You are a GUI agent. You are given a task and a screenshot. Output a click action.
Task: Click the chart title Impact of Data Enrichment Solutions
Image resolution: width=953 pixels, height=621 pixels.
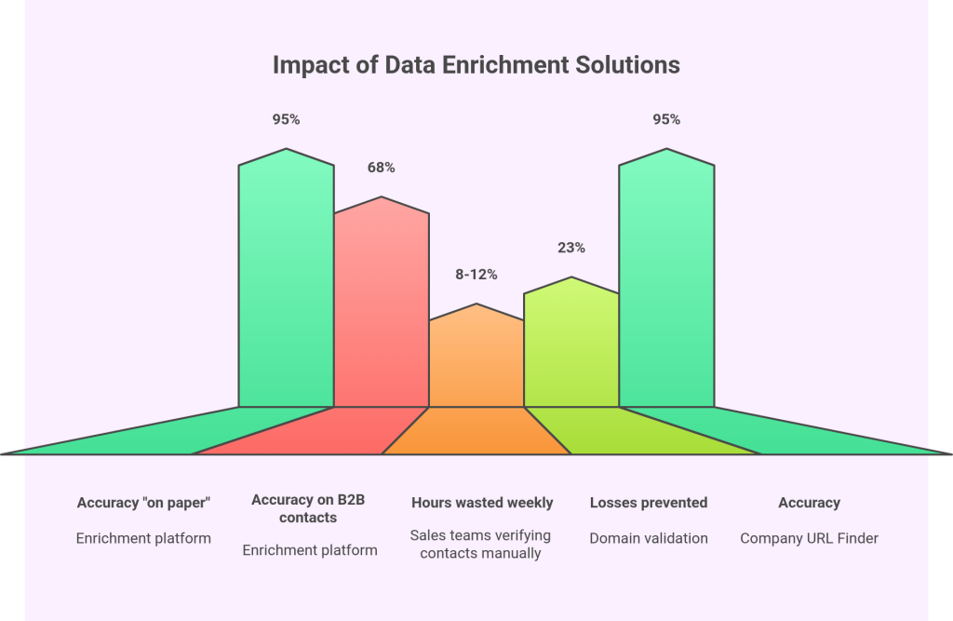[x=476, y=65]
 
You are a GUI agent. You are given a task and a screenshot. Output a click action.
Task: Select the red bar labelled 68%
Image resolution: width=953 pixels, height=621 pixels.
[x=382, y=307]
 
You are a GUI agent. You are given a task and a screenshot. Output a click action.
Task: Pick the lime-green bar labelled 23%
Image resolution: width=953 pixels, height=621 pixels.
[x=571, y=344]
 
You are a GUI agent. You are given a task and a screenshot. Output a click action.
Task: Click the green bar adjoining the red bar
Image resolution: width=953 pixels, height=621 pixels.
[x=286, y=279]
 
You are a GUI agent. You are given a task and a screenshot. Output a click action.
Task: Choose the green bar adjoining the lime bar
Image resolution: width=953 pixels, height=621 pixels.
[x=666, y=279]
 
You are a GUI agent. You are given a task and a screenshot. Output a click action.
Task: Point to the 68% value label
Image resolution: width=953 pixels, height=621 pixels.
[x=382, y=168]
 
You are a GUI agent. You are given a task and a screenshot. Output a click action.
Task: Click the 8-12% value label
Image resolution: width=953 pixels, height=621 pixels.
[x=476, y=275]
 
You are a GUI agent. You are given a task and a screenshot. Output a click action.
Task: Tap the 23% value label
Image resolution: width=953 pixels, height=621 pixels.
[x=571, y=248]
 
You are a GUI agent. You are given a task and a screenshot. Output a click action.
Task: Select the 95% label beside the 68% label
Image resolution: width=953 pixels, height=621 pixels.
[x=286, y=119]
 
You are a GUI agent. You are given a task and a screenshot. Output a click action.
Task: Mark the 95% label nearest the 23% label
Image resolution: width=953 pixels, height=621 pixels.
[x=666, y=119]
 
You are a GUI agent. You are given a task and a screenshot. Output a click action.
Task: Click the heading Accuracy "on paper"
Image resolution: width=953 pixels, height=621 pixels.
[x=144, y=503]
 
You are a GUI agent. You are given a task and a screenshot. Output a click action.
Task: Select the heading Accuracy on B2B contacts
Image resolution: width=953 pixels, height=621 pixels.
[x=309, y=508]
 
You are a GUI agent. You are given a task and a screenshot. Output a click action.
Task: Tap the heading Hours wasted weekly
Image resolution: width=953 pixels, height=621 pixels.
[x=482, y=503]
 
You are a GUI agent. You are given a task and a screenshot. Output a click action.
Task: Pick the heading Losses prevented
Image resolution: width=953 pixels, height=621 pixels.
[x=649, y=503]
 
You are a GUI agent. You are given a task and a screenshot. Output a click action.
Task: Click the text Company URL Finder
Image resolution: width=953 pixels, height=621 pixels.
[x=809, y=538]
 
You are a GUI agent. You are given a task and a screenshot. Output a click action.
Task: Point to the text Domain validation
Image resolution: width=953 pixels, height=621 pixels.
[x=649, y=538]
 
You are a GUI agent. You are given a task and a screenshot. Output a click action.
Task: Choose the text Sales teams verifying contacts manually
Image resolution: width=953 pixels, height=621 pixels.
[x=481, y=545]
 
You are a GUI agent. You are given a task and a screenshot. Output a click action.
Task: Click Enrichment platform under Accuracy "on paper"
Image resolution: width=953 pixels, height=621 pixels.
[x=144, y=538]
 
